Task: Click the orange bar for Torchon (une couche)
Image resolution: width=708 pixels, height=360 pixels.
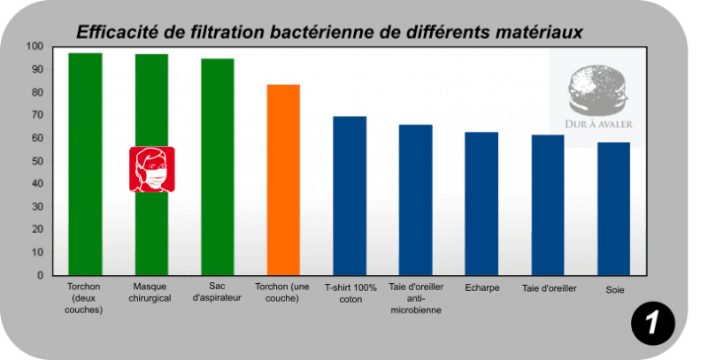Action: pyautogui.click(x=283, y=180)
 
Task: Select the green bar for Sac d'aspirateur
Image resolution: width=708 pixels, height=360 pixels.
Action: pyautogui.click(x=218, y=167)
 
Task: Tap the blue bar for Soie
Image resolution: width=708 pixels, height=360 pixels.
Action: pyautogui.click(x=613, y=209)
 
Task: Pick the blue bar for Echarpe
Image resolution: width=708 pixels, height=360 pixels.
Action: pyautogui.click(x=481, y=203)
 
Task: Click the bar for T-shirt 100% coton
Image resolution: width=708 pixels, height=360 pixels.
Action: pyautogui.click(x=350, y=195)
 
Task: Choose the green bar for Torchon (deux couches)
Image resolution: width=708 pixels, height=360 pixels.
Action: pyautogui.click(x=85, y=165)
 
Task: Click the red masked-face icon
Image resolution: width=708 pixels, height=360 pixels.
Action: pyautogui.click(x=152, y=169)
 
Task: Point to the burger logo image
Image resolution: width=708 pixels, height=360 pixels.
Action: pyautogui.click(x=597, y=90)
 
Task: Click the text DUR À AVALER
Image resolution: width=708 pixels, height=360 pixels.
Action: pyautogui.click(x=599, y=124)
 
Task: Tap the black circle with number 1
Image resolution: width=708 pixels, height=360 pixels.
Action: pyautogui.click(x=653, y=323)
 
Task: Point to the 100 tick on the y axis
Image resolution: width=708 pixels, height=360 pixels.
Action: pyautogui.click(x=35, y=47)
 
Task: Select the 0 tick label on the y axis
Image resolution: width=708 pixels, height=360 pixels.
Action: pyautogui.click(x=40, y=275)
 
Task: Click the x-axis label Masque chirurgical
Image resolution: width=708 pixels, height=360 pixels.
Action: pyautogui.click(x=150, y=292)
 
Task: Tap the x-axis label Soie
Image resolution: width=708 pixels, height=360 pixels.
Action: pyautogui.click(x=615, y=290)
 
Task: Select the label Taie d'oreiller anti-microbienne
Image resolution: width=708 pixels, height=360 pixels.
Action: pyautogui.click(x=416, y=298)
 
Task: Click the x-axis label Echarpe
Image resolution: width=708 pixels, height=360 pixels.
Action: pyautogui.click(x=482, y=287)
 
